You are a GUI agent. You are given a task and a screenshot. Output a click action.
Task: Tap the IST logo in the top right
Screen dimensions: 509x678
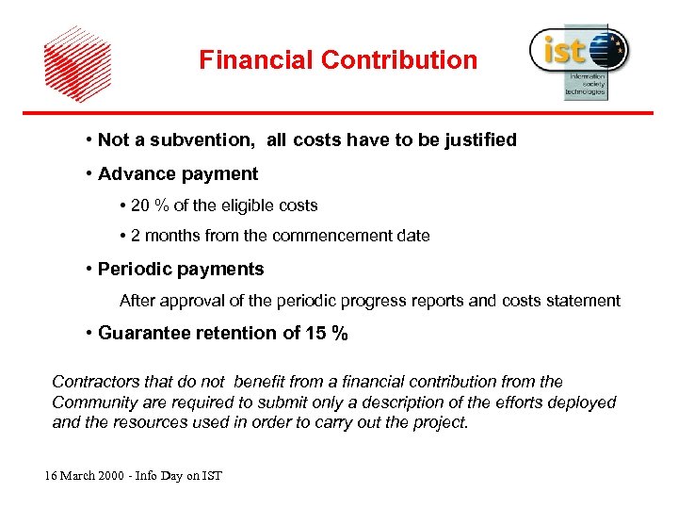click(579, 58)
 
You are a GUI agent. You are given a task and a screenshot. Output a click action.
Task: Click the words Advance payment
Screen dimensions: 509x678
click(177, 174)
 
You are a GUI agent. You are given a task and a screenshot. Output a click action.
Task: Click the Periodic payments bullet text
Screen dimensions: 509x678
click(181, 270)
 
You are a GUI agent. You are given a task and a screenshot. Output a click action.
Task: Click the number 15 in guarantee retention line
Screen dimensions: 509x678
click(317, 333)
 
